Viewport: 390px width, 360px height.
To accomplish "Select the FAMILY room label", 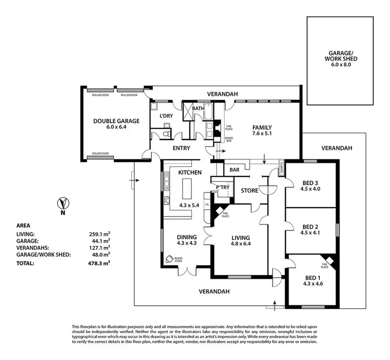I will click(262, 127).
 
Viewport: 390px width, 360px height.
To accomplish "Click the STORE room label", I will click(249, 191).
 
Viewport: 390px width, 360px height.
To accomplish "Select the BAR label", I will click(234, 170).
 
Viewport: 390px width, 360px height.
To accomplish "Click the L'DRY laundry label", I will click(166, 115).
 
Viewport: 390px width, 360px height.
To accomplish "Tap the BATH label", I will click(199, 109).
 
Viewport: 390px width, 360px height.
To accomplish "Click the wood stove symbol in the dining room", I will click(170, 259).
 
